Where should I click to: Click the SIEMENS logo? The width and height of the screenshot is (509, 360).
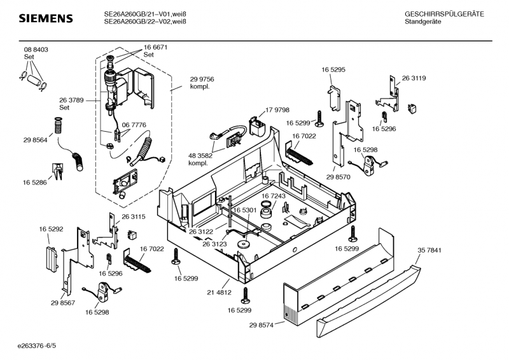(45, 18)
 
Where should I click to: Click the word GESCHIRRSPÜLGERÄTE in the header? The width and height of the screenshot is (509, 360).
(444, 14)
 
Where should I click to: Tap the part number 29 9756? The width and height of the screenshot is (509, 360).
(202, 79)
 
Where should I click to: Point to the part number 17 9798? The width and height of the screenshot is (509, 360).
(277, 110)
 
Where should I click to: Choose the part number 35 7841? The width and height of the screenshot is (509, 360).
(429, 250)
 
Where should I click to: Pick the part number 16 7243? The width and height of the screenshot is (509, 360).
(274, 197)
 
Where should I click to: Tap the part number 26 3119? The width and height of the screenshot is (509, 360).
(414, 78)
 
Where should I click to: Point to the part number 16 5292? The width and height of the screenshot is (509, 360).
(51, 228)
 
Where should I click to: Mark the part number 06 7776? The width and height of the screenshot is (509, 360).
(134, 125)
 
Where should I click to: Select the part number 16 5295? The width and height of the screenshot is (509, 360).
(333, 69)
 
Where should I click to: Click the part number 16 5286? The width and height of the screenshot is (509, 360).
(36, 183)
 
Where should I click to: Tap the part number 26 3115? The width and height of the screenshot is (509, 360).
(134, 217)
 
